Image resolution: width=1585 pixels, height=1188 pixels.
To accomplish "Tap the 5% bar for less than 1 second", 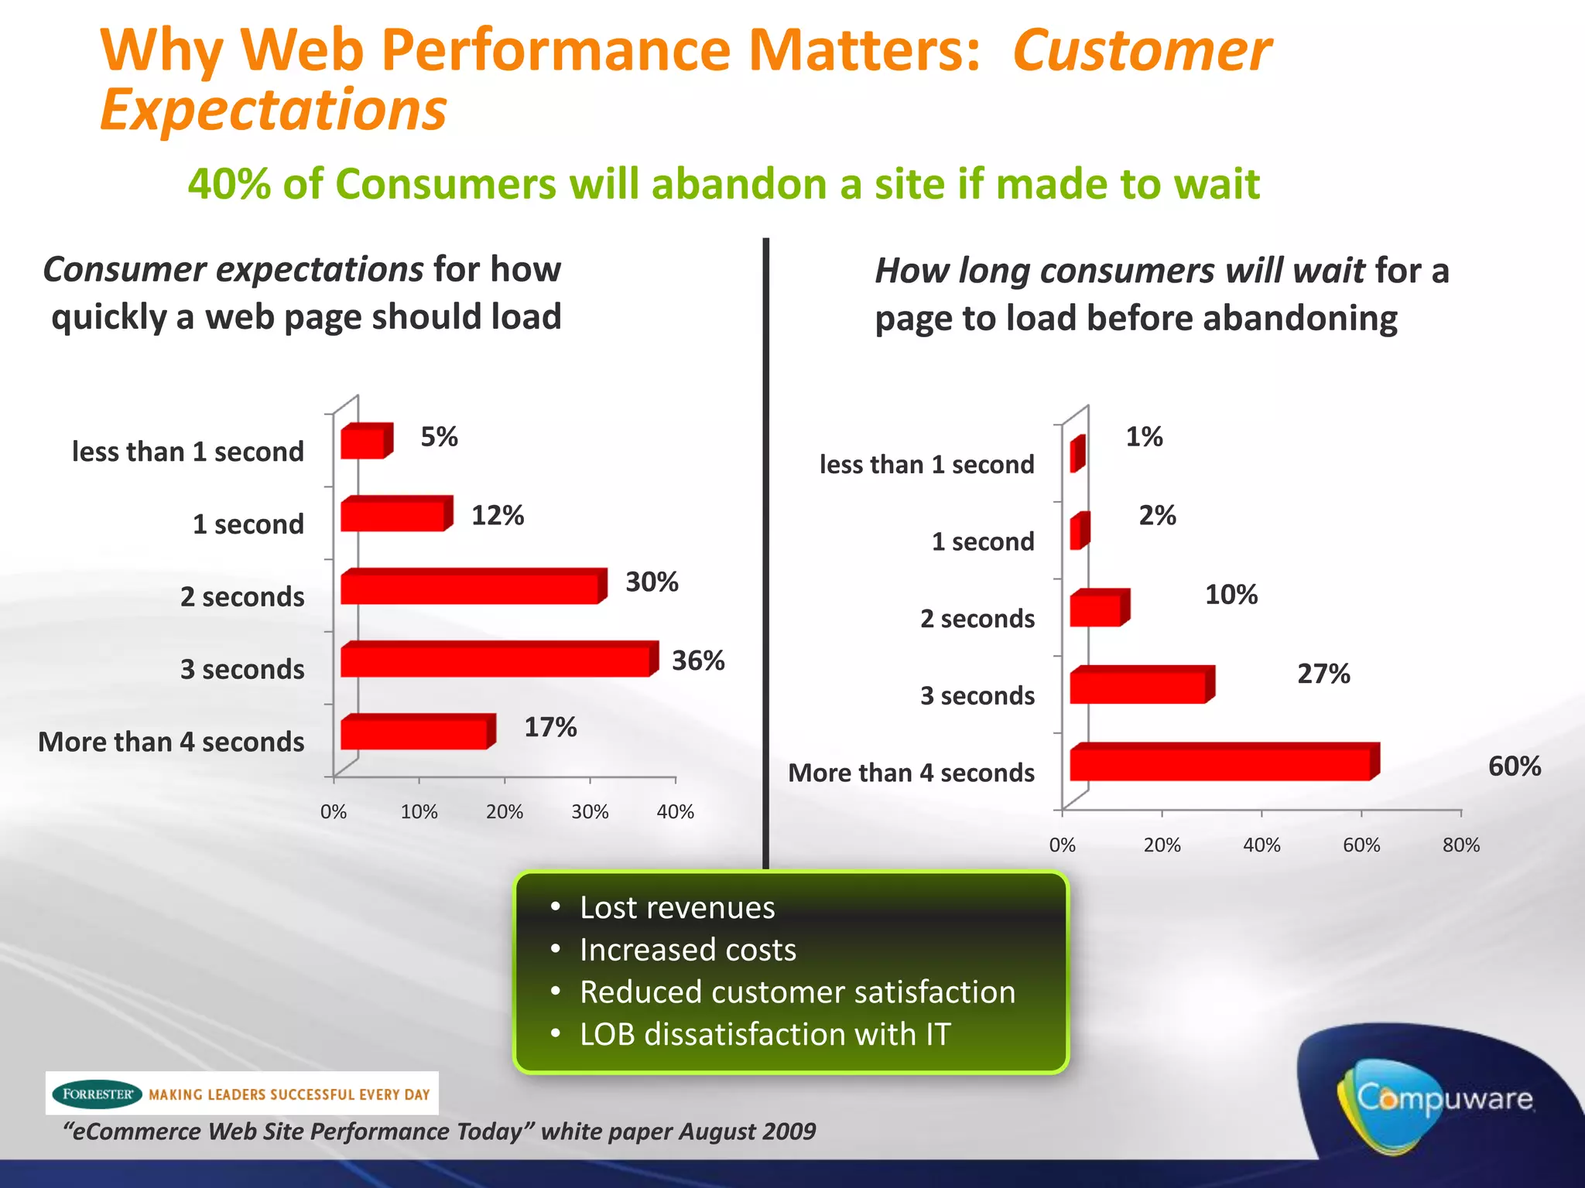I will click(363, 443).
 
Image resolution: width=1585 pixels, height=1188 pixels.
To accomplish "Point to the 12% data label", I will click(498, 515).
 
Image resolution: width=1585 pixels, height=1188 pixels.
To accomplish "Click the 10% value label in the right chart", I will click(1231, 595).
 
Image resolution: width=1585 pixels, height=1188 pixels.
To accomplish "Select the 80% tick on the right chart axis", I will click(1460, 845).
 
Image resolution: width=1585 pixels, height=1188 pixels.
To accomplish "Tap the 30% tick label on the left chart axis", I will click(590, 812).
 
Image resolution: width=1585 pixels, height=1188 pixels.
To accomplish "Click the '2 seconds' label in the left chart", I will click(242, 597).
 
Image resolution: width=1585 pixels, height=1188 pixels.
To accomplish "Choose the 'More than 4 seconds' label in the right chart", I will click(911, 773).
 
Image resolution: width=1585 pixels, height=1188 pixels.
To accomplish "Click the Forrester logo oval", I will click(97, 1094).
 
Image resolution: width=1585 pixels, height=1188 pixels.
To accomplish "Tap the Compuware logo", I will click(1443, 1098).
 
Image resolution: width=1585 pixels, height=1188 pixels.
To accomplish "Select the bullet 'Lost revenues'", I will click(676, 908).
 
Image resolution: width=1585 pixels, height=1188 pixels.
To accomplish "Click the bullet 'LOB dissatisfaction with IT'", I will click(765, 1034).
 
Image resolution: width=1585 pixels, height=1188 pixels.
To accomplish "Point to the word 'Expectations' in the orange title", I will click(273, 110).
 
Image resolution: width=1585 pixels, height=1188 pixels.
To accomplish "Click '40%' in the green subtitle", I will click(230, 184).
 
